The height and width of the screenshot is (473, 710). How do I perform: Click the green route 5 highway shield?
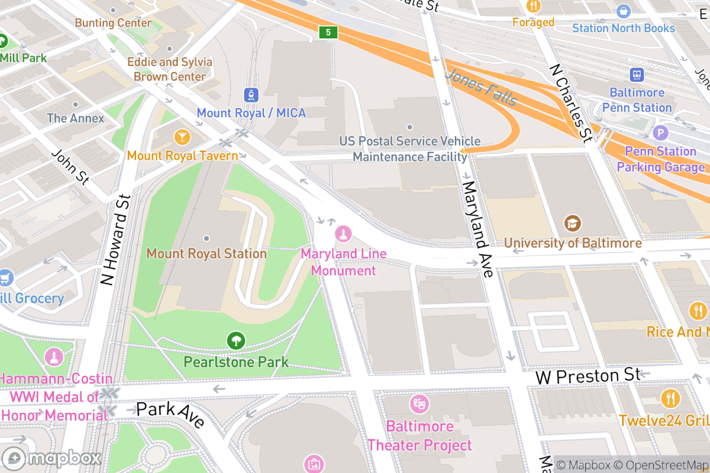tap(328, 32)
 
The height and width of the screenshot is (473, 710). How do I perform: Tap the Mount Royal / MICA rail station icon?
tap(252, 95)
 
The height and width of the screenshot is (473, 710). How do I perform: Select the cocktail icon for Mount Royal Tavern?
tap(182, 138)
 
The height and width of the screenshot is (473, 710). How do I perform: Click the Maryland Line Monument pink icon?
tap(343, 234)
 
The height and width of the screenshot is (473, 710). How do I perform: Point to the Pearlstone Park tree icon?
tap(236, 341)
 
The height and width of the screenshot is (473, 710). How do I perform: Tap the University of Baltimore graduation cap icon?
tap(572, 223)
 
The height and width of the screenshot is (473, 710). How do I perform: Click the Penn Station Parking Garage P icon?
tap(660, 133)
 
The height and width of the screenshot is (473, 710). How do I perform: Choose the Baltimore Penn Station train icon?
tap(637, 74)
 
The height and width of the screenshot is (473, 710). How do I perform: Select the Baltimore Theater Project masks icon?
tap(419, 404)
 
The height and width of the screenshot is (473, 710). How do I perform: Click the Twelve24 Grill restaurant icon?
tap(670, 399)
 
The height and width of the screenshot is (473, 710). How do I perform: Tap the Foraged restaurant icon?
tap(534, 7)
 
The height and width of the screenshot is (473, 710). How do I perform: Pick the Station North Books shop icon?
tap(623, 11)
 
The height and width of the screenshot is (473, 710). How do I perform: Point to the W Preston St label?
tap(588, 376)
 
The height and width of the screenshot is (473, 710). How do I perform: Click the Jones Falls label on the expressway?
tap(482, 88)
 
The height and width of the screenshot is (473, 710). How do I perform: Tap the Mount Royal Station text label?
tap(206, 254)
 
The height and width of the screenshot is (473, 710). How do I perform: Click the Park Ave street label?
tap(170, 414)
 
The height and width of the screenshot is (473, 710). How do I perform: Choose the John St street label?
tap(70, 166)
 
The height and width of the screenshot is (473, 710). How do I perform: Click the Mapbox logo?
tap(52, 458)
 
